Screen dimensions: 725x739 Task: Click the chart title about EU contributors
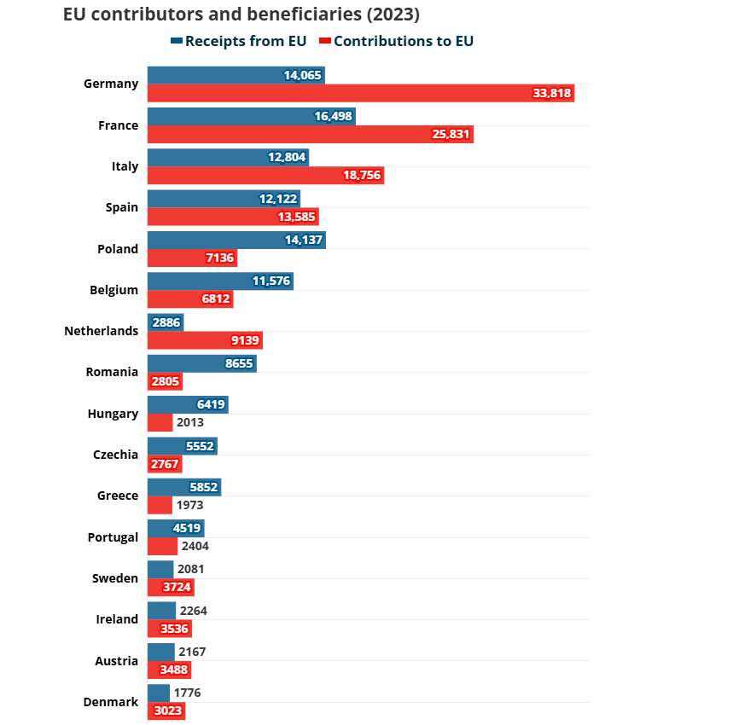241,15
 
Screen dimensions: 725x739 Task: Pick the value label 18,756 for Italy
361,176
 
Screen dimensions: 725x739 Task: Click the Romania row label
112,372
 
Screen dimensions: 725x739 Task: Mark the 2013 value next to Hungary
190,422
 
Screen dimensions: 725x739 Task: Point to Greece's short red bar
160,505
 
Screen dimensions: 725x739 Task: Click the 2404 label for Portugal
195,546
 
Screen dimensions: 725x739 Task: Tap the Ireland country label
117,619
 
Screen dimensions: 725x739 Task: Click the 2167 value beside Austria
192,652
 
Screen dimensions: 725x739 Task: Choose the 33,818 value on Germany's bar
551,93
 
